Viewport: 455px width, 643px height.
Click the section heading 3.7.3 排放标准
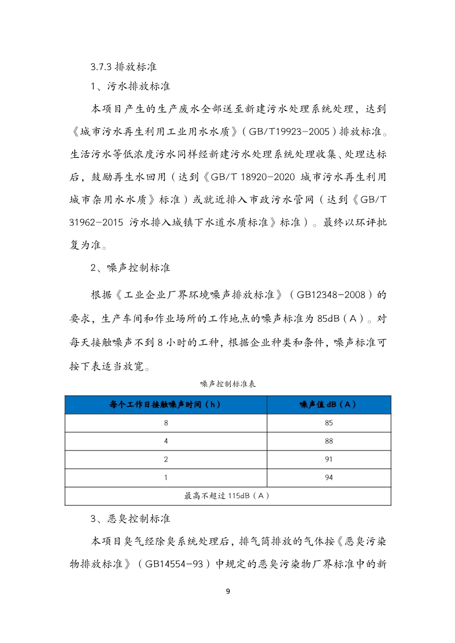coord(124,67)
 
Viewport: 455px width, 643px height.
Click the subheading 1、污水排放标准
coord(130,86)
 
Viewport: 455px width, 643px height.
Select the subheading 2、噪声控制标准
coord(130,268)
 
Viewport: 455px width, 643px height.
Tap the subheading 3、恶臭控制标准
coord(130,519)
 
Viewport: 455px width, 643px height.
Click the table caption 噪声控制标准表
coord(227,384)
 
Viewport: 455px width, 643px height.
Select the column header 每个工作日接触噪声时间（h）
coord(165,405)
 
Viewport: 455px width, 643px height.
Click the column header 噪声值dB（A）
coord(328,405)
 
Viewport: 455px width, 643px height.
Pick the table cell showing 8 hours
coord(165,423)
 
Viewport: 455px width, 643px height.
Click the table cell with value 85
coord(329,423)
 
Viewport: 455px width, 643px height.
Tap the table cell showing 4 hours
coord(165,441)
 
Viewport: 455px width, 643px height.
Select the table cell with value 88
coord(329,441)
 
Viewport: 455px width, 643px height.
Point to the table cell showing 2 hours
coord(165,459)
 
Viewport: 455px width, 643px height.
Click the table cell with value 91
coord(329,459)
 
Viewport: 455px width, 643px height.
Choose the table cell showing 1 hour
coord(165,477)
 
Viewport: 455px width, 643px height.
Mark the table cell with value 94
coord(329,477)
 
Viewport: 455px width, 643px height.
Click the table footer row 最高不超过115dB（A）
coord(227,496)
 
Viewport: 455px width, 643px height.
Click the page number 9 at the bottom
coord(227,592)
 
